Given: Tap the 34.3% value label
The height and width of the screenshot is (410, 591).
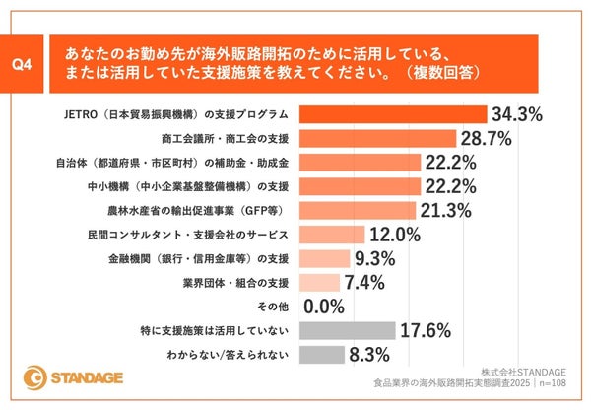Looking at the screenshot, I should tap(517, 114).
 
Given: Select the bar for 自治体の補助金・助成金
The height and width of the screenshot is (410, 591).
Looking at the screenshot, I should tap(359, 162).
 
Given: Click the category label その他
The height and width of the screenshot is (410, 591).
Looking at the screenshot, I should tap(273, 307).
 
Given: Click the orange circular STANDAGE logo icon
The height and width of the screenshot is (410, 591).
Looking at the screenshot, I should tap(36, 377).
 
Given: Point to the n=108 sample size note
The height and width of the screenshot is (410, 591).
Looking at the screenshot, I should tap(561, 386).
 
